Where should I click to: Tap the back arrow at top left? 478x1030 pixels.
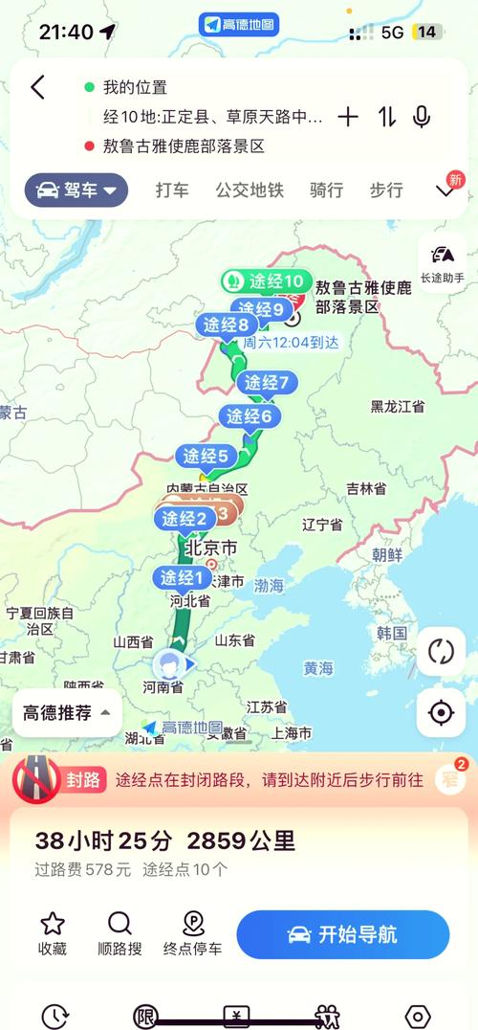(37, 88)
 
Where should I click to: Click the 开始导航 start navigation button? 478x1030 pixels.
(342, 934)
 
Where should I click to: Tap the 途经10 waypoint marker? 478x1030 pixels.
(266, 281)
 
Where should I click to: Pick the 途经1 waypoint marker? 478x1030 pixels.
(182, 578)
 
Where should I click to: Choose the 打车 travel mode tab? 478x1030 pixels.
(172, 190)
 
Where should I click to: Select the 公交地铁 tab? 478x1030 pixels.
(250, 190)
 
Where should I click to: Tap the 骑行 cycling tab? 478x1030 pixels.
(326, 190)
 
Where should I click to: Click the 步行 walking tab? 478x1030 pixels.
(386, 190)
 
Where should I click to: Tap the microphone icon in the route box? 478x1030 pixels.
(421, 117)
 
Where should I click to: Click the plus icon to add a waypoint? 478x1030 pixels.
(348, 117)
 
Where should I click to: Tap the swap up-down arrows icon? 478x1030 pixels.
(386, 117)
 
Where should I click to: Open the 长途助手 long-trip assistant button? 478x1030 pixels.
(442, 262)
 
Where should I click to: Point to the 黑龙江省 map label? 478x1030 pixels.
(398, 407)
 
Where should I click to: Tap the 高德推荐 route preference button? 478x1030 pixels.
(66, 712)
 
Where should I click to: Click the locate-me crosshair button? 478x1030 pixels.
(441, 712)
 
